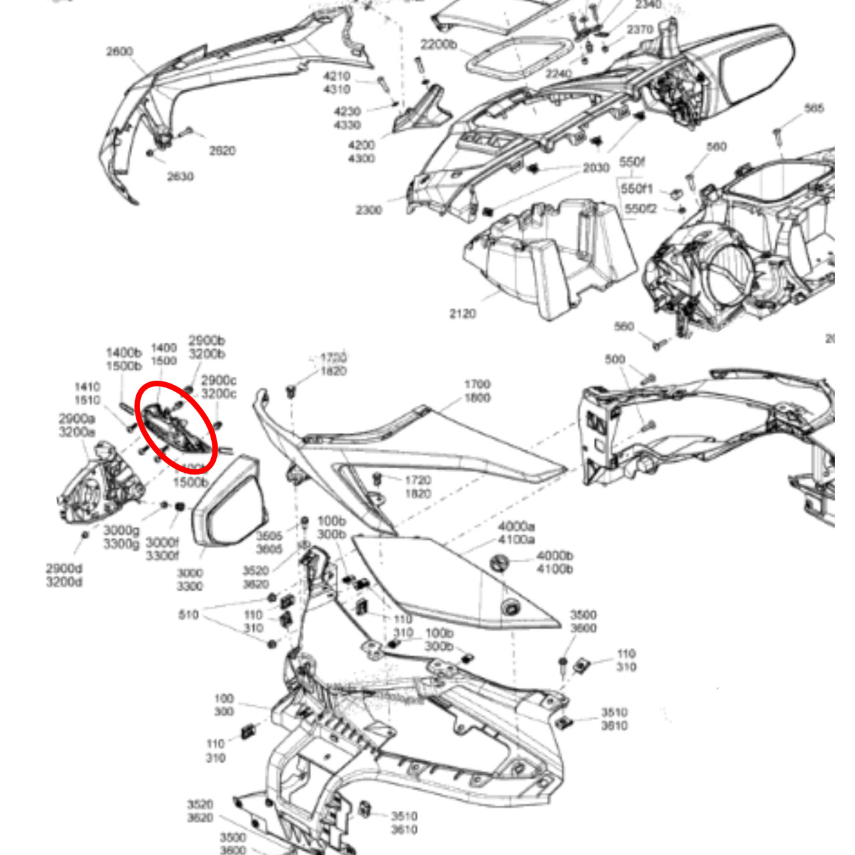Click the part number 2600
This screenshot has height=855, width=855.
click(119, 51)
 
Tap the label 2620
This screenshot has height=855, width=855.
click(222, 151)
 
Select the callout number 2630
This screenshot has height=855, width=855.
click(180, 176)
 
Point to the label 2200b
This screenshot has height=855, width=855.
click(438, 45)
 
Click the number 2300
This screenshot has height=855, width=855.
click(369, 210)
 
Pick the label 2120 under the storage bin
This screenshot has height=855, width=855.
click(462, 313)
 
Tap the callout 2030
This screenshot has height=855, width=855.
click(596, 168)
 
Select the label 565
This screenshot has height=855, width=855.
click(814, 108)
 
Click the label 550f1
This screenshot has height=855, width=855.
click(637, 189)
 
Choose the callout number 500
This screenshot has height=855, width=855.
click(615, 359)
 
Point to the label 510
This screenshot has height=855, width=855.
click(189, 615)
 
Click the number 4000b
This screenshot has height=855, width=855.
click(554, 556)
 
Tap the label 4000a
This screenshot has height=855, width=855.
click(516, 526)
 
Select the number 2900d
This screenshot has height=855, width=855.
click(64, 568)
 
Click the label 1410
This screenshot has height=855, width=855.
click(88, 387)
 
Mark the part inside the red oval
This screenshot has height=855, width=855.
click(175, 427)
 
